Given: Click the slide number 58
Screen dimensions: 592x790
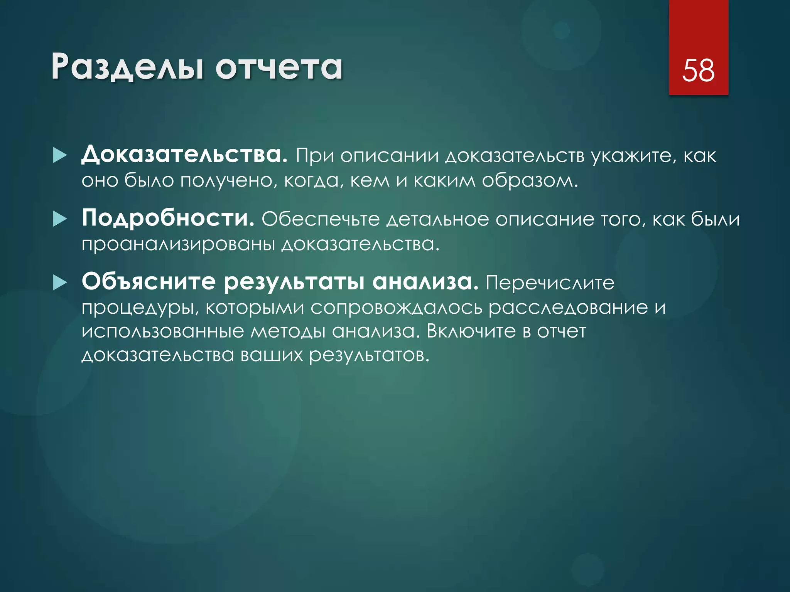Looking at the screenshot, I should [x=698, y=70].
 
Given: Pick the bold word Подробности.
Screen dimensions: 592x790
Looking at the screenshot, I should [x=168, y=218].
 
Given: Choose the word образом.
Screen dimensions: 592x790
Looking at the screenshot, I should [x=530, y=180].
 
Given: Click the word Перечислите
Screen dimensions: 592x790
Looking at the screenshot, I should [x=550, y=283].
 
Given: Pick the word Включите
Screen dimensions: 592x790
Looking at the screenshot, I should [x=471, y=331].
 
